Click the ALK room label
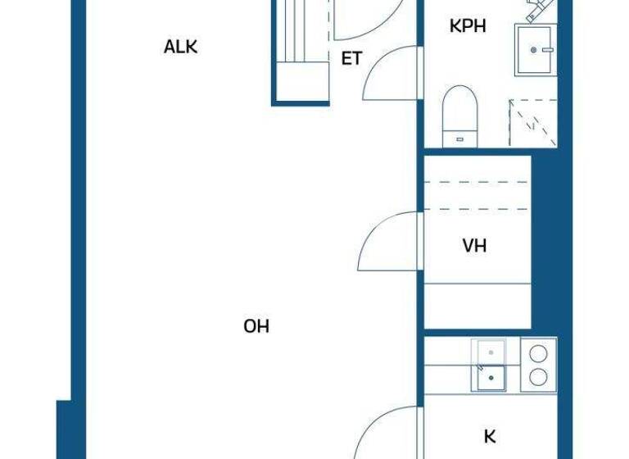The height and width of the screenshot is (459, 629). pos(181,47)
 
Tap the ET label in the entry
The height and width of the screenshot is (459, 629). pos(351,60)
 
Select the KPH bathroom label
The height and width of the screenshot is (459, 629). pos(468,26)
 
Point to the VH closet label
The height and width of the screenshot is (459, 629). pos(474,246)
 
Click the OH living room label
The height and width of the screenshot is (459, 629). pos(256,326)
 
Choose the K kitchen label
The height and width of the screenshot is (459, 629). pos(490,436)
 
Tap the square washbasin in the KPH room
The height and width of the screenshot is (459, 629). pos(535,50)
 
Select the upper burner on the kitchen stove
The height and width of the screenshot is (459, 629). pos(538,354)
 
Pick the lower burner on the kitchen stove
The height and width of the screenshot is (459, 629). pos(538,376)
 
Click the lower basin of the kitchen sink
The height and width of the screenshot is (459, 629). pos(491,378)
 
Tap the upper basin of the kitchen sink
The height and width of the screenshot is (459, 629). pos(491,352)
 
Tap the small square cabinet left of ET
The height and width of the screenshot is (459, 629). pos(301,82)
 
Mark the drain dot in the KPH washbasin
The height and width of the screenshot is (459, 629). pos(534,50)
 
